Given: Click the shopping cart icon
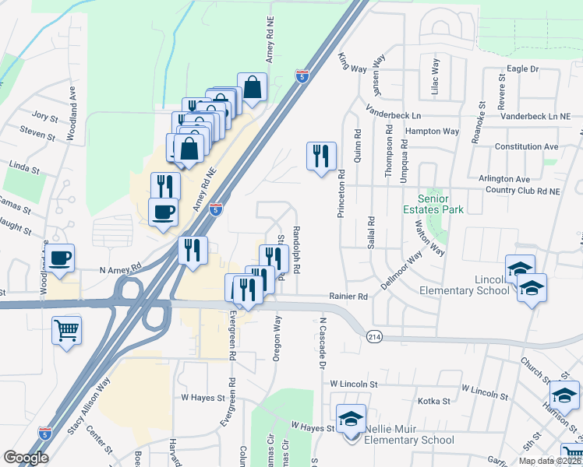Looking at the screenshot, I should point(66,329).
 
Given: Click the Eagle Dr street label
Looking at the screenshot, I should point(522,68).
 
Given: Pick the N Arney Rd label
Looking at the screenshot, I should point(120,269).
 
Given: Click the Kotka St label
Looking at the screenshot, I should point(434,401).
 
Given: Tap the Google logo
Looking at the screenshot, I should point(26,458).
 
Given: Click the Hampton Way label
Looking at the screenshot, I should point(433,132).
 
